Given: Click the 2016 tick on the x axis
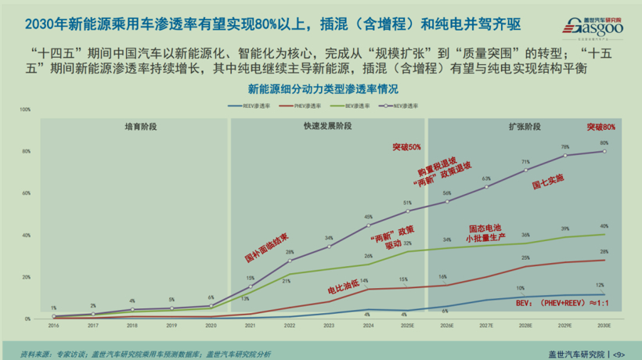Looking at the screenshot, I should (53, 325).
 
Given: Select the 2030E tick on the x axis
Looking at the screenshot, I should (604, 325).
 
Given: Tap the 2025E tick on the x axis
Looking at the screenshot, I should (407, 325).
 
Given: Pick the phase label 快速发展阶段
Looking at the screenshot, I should (328, 126).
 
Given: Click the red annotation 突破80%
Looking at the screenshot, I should (601, 127).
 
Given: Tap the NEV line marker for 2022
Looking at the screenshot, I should (290, 261).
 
